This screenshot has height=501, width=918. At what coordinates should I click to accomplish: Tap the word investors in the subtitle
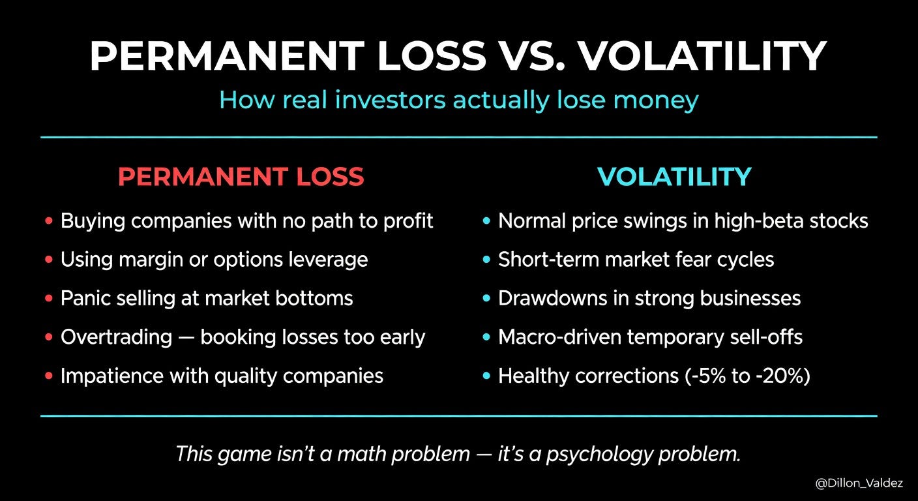point(390,100)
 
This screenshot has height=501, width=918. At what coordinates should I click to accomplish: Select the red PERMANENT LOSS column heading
point(241,177)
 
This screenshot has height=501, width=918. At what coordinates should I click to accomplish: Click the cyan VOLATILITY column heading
point(674,177)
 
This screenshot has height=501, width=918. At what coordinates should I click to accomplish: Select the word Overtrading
point(117,338)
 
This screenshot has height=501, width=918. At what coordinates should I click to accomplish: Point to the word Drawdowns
point(552,298)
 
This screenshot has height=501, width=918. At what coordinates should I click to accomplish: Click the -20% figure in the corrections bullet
point(780,376)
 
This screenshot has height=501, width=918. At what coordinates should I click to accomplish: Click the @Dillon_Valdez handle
point(859,483)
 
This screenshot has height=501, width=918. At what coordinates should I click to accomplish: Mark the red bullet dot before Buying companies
point(49,221)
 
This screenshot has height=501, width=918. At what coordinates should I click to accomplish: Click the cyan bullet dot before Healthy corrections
point(486,376)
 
